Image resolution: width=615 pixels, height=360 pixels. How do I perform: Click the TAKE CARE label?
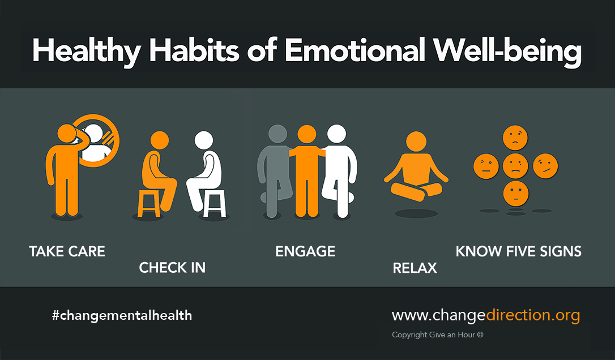coord(67,251)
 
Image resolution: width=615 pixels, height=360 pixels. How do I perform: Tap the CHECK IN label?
coord(172,267)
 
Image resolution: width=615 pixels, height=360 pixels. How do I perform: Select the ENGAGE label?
coord(305,251)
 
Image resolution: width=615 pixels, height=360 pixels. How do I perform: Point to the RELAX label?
coord(415,268)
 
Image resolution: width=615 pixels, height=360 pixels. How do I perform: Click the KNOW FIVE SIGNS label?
coord(519,251)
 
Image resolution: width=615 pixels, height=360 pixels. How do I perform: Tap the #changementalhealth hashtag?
coord(122,315)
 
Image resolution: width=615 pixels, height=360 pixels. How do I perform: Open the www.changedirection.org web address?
coord(486,315)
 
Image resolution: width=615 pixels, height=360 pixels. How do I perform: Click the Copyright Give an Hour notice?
coord(438,335)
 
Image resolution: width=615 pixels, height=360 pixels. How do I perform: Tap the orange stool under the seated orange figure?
coord(148,203)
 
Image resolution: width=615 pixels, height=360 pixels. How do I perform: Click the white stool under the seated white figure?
coord(215,203)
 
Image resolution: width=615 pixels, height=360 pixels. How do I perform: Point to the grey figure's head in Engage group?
coord(277,134)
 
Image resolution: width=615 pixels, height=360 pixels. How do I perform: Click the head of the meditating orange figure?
coord(416,141)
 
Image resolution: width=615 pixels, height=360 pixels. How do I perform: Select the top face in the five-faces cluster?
coord(515,138)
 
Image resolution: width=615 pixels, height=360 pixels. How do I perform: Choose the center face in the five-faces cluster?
coord(515,166)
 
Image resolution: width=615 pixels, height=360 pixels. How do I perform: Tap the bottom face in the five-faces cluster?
coord(515,194)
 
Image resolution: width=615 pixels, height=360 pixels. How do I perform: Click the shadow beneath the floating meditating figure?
coord(416,213)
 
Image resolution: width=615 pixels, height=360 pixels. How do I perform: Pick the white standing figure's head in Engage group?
coord(336,134)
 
